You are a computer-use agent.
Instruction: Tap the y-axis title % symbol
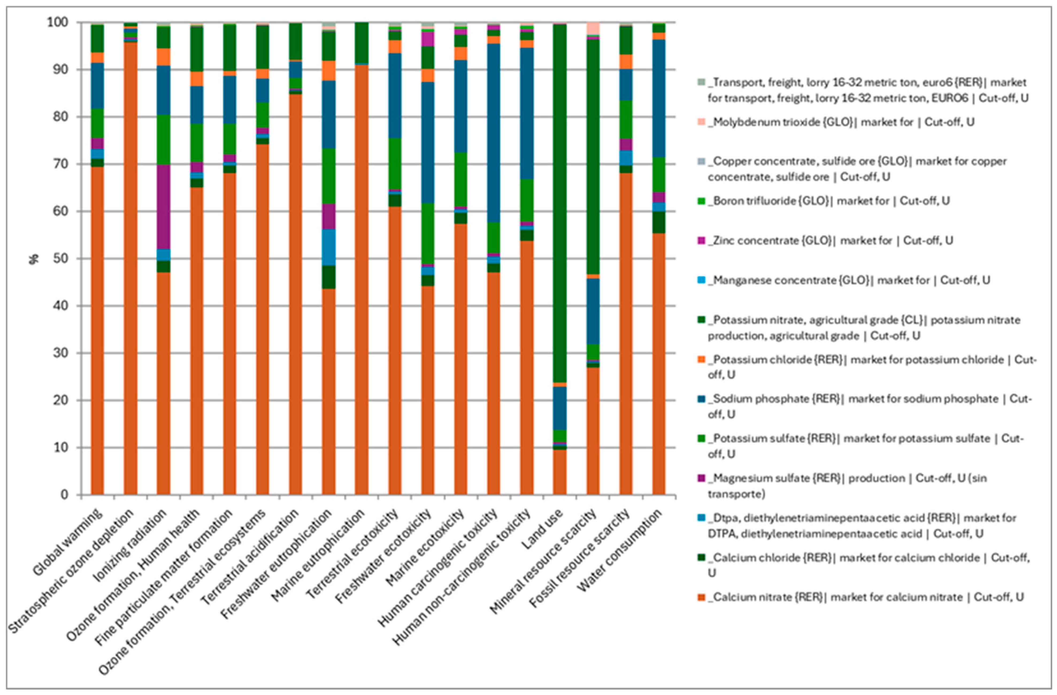34,259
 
